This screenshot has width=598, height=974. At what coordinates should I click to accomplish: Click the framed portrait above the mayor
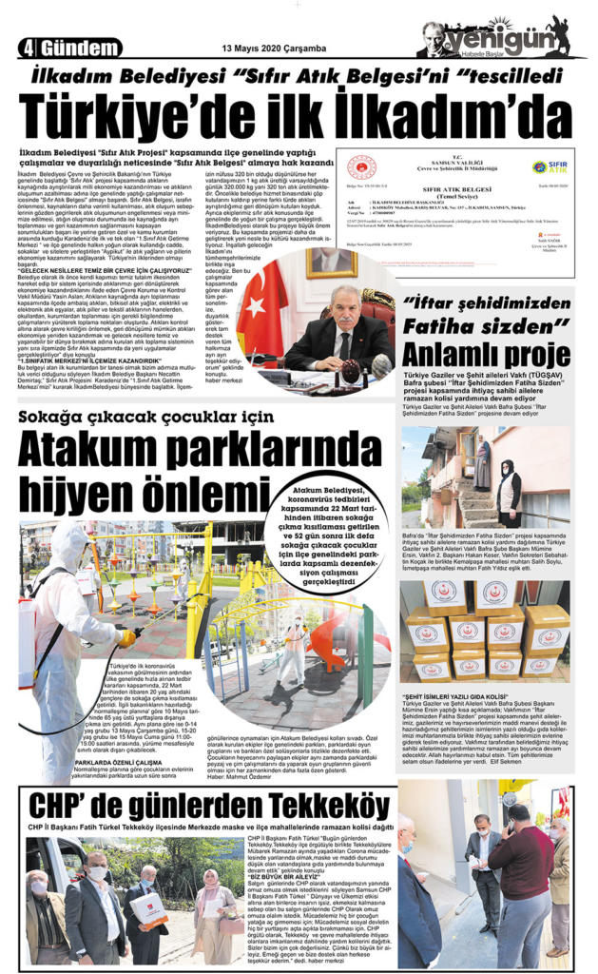[x=331, y=261]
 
